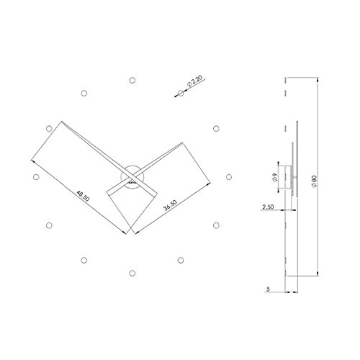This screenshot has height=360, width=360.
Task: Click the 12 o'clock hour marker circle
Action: (x=132, y=78)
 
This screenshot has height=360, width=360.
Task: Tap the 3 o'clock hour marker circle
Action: (x=229, y=176)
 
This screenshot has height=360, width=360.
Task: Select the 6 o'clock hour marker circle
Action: (x=132, y=273)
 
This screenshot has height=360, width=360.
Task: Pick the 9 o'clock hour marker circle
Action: (x=35, y=176)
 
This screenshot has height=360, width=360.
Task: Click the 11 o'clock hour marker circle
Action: (x=84, y=91)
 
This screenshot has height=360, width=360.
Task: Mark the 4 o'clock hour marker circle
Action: (x=216, y=225)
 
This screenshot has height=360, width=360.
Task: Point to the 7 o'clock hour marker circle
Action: (x=84, y=260)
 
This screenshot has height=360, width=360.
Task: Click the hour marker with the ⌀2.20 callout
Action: (x=180, y=91)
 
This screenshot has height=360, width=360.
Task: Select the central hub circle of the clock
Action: (x=132, y=176)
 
